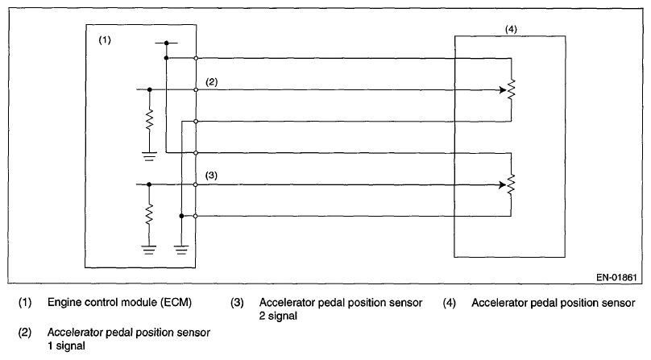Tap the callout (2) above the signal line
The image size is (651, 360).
212,82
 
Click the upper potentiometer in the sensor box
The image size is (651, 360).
511,90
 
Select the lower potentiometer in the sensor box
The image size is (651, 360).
511,184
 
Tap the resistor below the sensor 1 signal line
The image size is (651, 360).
150,121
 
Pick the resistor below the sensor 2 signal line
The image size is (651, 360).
150,215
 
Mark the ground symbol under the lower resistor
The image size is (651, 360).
150,249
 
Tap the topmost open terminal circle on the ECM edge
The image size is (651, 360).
196,58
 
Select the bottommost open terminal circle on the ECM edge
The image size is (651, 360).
196,216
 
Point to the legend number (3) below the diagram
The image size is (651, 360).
237,304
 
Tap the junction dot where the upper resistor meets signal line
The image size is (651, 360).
150,90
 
